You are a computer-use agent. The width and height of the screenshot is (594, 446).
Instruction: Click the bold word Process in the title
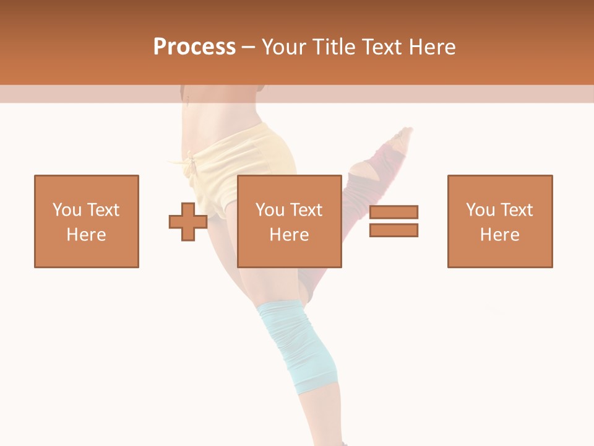click(194, 46)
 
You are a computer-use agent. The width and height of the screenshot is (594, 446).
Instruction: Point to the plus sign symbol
click(188, 222)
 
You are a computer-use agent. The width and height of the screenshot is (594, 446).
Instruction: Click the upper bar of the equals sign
click(394, 212)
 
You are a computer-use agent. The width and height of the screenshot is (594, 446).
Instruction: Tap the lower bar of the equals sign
click(394, 230)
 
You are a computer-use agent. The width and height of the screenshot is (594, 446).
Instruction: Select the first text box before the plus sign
click(87, 221)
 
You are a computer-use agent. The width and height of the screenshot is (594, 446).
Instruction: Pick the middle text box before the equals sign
click(289, 221)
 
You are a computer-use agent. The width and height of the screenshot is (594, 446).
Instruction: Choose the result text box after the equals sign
click(499, 221)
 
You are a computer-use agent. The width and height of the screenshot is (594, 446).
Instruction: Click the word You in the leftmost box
click(67, 210)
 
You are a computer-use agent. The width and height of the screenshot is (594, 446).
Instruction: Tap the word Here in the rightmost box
click(499, 234)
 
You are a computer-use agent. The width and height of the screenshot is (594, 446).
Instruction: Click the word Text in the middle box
click(307, 210)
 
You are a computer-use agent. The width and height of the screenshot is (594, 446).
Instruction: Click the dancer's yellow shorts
click(247, 155)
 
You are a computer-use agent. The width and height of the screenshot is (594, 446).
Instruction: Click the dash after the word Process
click(249, 47)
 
